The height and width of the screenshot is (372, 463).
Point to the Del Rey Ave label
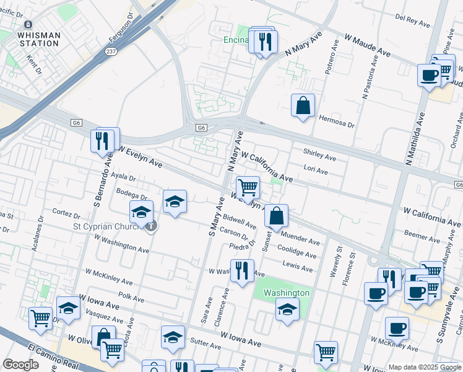tap(412, 22)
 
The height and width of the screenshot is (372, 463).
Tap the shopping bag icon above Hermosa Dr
tap(303, 106)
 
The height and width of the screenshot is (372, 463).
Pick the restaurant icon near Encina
tap(266, 42)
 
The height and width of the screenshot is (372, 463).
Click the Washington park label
tap(287, 293)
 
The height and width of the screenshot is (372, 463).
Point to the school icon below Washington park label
tap(287, 310)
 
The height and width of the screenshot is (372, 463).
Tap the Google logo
tap(20, 365)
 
